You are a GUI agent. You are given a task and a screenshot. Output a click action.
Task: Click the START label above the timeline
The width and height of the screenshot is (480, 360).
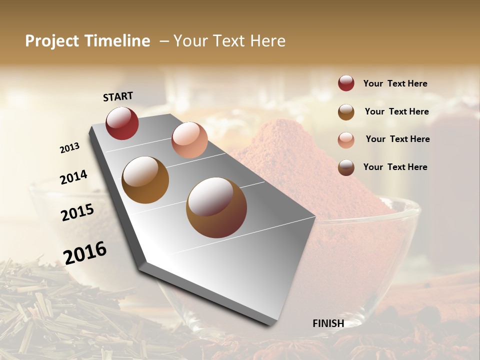pos(118,96)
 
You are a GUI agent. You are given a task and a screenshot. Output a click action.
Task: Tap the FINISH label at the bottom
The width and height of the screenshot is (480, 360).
pos(328,323)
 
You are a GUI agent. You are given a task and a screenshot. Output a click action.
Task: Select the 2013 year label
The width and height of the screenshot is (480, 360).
pos(70,147)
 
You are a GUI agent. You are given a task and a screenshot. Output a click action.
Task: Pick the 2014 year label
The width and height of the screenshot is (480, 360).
pos(73,177)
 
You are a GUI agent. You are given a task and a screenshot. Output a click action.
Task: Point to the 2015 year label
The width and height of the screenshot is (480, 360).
pos(77,212)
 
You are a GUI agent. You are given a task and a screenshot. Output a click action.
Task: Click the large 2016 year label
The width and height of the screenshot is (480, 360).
pos(85,253)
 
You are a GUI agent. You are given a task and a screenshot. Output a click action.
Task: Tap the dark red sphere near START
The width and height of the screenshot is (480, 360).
pos(122,123)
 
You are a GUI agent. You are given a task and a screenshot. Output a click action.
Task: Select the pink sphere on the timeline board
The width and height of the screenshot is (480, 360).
pos(189,140)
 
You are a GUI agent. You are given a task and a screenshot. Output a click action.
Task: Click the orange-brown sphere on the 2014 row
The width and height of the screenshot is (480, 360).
pos(145,180)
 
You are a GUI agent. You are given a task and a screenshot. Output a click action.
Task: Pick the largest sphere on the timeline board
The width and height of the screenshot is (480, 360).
pos(216,207)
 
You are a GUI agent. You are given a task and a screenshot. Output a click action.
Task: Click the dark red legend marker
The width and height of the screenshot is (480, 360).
pos(346,83)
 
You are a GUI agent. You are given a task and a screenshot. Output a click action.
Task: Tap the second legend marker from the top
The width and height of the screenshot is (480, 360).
pos(346,112)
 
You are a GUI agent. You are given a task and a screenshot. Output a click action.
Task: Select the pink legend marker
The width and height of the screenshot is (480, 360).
pos(346,139)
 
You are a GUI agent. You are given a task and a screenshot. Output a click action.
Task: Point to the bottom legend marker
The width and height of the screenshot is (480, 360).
pos(346,167)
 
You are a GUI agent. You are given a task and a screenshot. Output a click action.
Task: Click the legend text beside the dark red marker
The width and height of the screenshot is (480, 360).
pos(395,83)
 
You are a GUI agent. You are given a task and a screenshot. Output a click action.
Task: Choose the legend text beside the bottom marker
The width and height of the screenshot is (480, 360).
pos(395,167)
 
